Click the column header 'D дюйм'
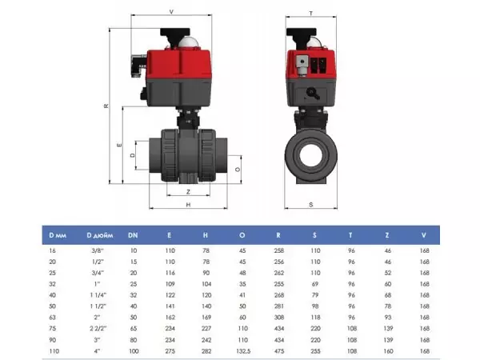click(x=100, y=235)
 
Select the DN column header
click(x=133, y=235)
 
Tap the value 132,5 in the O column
click(x=243, y=351)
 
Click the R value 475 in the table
click(x=279, y=351)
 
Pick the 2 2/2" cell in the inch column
click(x=98, y=329)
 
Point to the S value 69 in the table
click(x=315, y=284)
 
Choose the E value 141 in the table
click(x=170, y=306)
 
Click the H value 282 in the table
click(x=206, y=351)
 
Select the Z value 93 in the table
click(x=388, y=318)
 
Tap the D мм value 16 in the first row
click(x=52, y=250)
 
